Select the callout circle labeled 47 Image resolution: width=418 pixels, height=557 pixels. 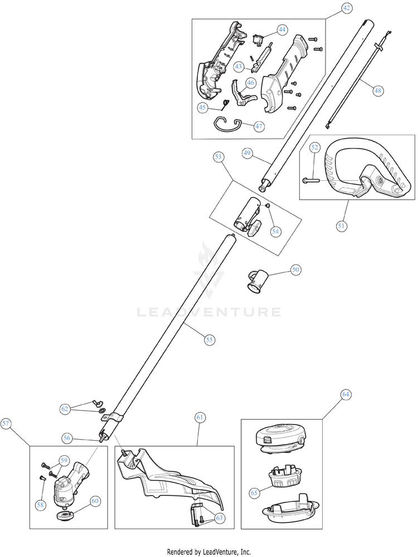(259, 126)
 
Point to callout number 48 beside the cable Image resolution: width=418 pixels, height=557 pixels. (378, 90)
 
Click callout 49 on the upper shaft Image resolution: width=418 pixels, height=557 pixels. (248, 152)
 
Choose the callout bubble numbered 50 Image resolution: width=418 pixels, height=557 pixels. (295, 269)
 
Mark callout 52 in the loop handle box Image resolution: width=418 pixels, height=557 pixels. (315, 147)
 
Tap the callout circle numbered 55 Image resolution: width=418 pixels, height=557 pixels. (209, 339)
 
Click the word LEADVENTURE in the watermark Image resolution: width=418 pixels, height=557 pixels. (209, 312)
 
